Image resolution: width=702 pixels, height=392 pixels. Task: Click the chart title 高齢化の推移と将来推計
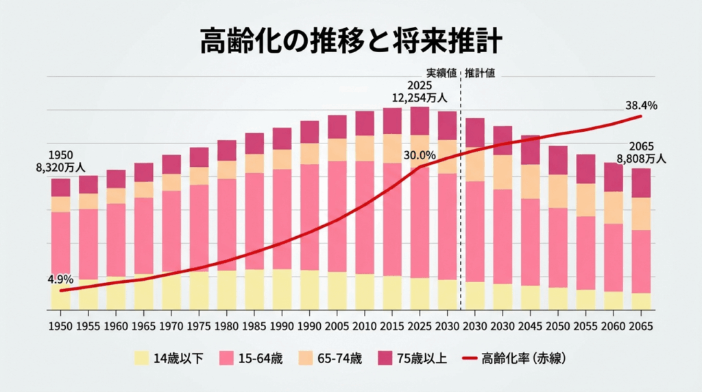point(351,42)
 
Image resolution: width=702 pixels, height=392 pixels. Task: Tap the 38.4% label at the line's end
point(641,105)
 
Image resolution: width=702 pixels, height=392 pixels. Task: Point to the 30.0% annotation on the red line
point(420,154)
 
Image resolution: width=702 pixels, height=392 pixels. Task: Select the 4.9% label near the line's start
point(60,279)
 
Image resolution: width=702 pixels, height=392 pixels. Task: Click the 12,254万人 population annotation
point(419,98)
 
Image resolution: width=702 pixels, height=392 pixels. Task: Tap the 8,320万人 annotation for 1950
point(60,167)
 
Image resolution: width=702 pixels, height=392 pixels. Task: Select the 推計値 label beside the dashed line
point(480,73)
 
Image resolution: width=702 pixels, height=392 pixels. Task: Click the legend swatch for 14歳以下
point(141,358)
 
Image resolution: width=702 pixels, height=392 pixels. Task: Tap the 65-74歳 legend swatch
point(306,358)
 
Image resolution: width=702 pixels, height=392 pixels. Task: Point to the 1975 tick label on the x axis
point(199,325)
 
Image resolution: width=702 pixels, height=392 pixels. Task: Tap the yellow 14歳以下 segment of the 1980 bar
point(226,290)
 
